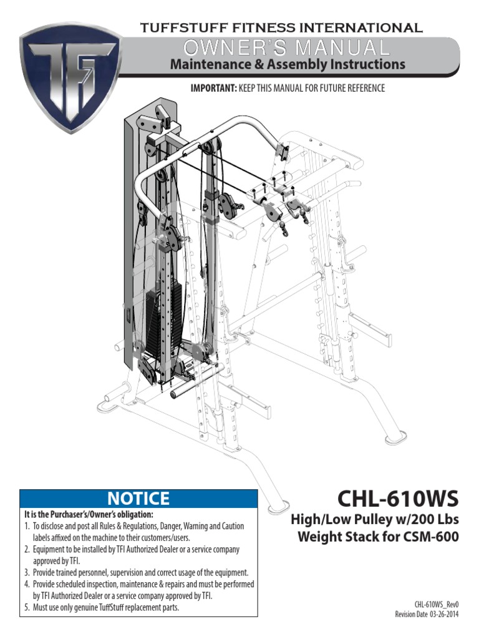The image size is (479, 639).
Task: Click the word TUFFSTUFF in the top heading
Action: pos(178,27)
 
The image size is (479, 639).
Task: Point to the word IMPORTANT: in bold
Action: pos(213,89)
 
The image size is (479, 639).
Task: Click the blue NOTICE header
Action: pos(138,498)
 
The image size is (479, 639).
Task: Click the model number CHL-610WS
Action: pos(398,499)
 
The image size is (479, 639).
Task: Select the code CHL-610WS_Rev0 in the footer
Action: pos(437,605)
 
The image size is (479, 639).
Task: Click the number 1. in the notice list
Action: pos(27,527)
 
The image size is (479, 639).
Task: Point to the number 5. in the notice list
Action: pos(27,607)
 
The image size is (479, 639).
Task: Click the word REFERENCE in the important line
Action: pos(364,89)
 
